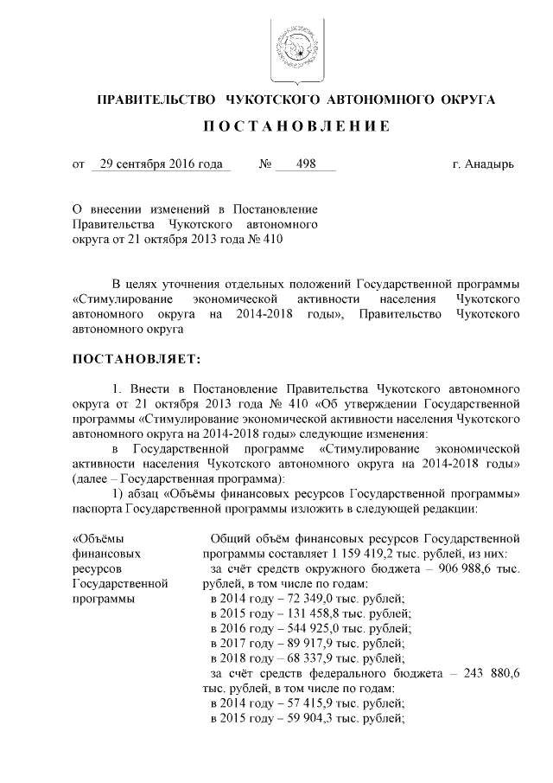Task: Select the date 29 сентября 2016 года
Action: click(x=161, y=164)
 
